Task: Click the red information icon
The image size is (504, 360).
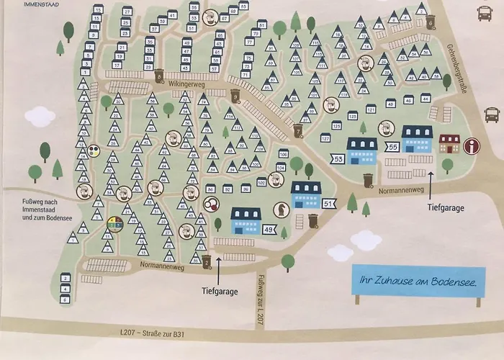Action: point(472,146)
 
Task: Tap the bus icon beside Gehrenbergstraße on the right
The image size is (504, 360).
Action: point(492,114)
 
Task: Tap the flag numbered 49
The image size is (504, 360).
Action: point(269,229)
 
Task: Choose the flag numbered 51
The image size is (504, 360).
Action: point(328,204)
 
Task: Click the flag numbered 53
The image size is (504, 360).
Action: point(337,158)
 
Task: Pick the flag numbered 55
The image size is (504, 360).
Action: point(392,147)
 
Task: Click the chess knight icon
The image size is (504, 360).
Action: point(278,209)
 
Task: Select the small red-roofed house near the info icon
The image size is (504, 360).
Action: point(449,143)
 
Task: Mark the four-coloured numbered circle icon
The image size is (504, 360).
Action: point(114,224)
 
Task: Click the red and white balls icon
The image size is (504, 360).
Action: point(211,205)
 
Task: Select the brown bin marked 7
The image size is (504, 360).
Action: point(298,131)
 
